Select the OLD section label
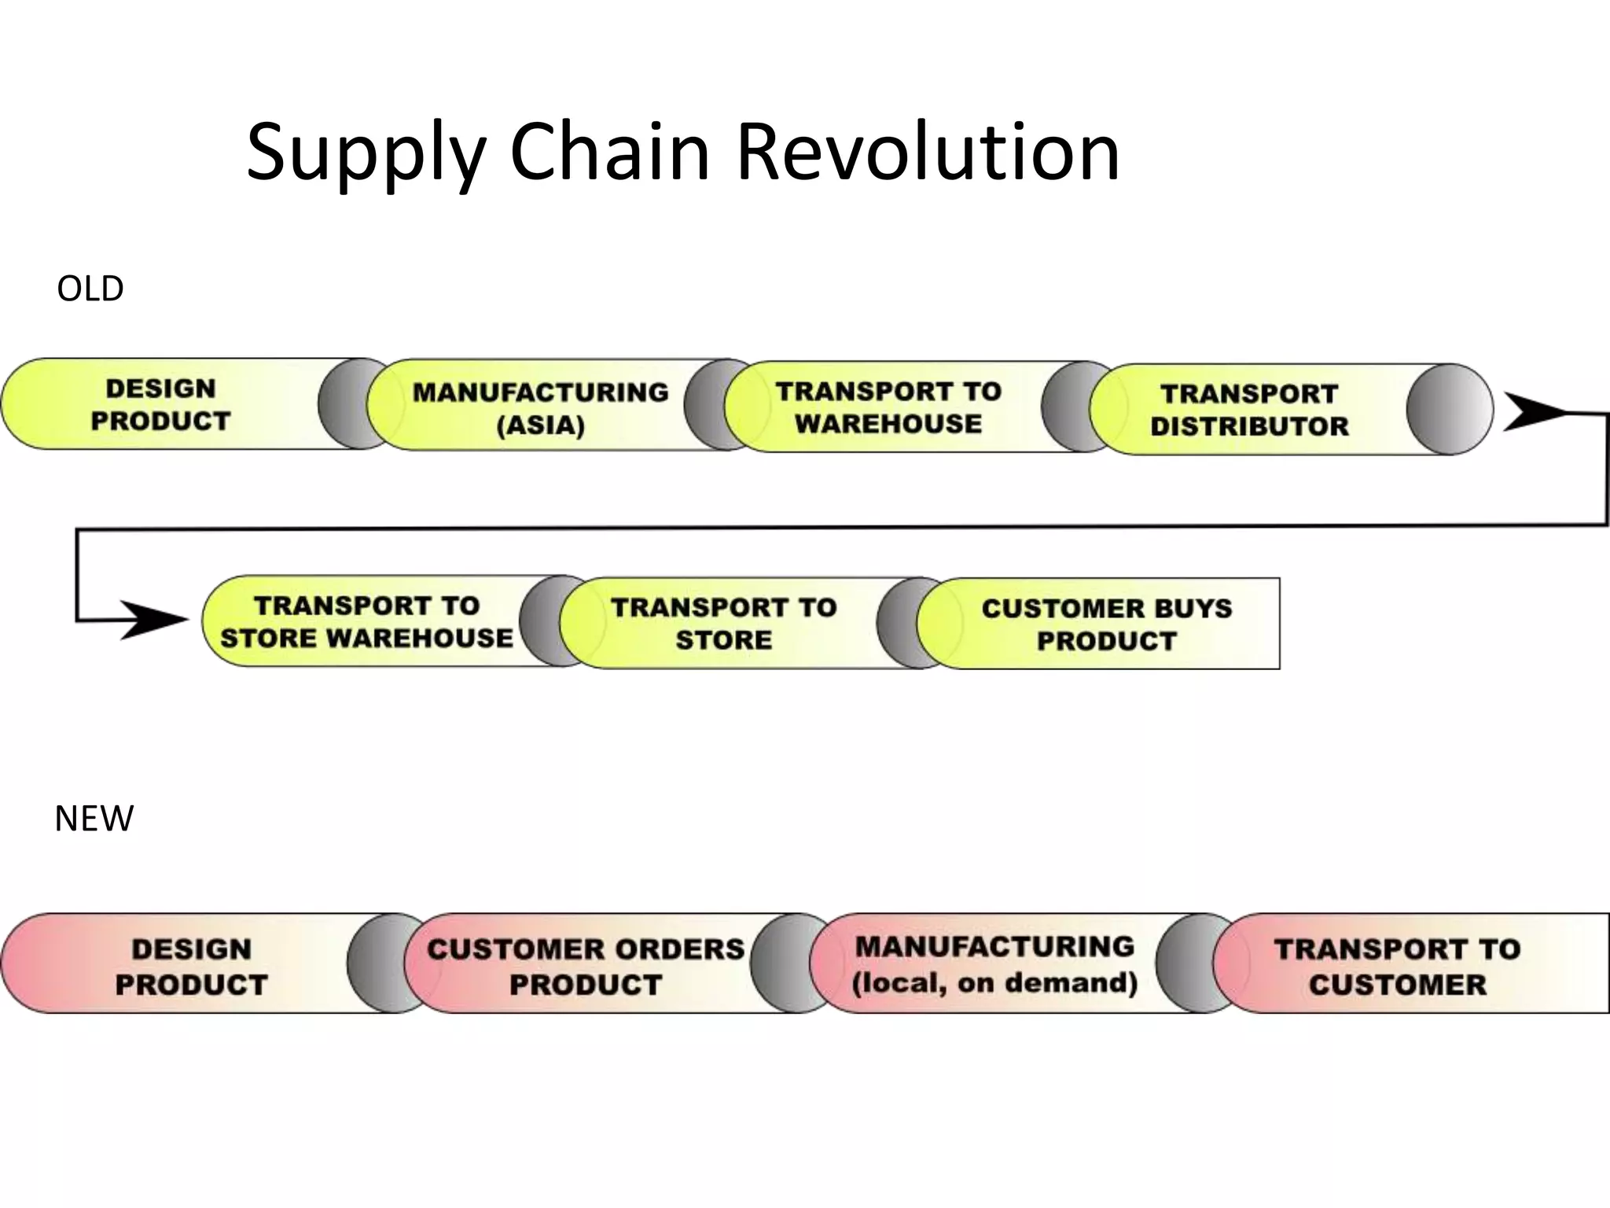90,289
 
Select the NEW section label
94,819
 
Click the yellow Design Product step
161,404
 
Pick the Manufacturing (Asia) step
540,407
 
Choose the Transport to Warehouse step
888,407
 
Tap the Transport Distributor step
1249,409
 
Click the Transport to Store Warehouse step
366,621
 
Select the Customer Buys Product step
1106,624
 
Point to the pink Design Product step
191,966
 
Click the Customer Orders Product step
586,966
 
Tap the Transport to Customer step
1398,966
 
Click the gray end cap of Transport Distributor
1450,409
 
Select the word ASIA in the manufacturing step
541,425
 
